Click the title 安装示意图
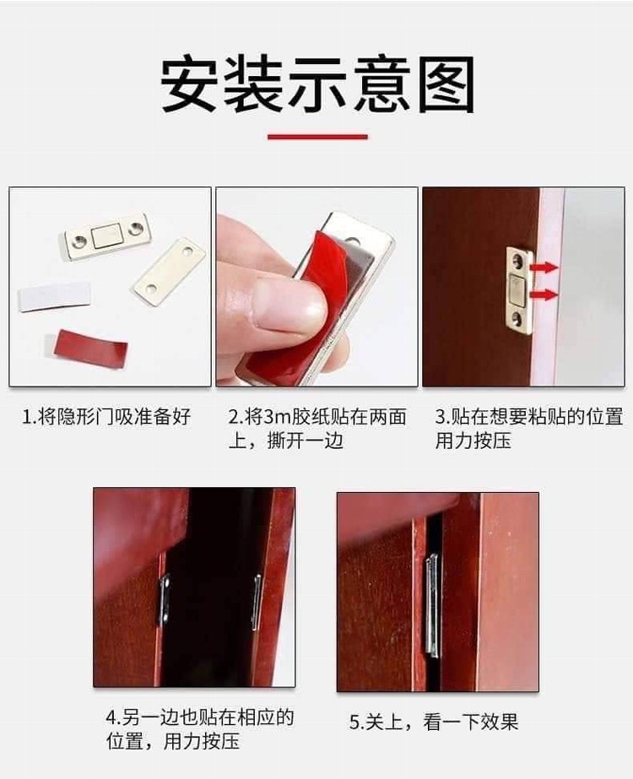(317, 84)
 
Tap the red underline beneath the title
(317, 137)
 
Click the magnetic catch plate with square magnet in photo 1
(108, 236)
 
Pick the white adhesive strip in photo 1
(55, 297)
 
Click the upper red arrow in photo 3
(543, 268)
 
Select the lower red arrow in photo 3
(543, 295)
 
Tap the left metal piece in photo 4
(165, 599)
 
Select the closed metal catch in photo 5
(432, 605)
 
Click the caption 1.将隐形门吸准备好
(106, 416)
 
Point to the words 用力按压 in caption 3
(473, 441)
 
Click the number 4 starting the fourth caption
(111, 717)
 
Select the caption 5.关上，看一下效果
(433, 722)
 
